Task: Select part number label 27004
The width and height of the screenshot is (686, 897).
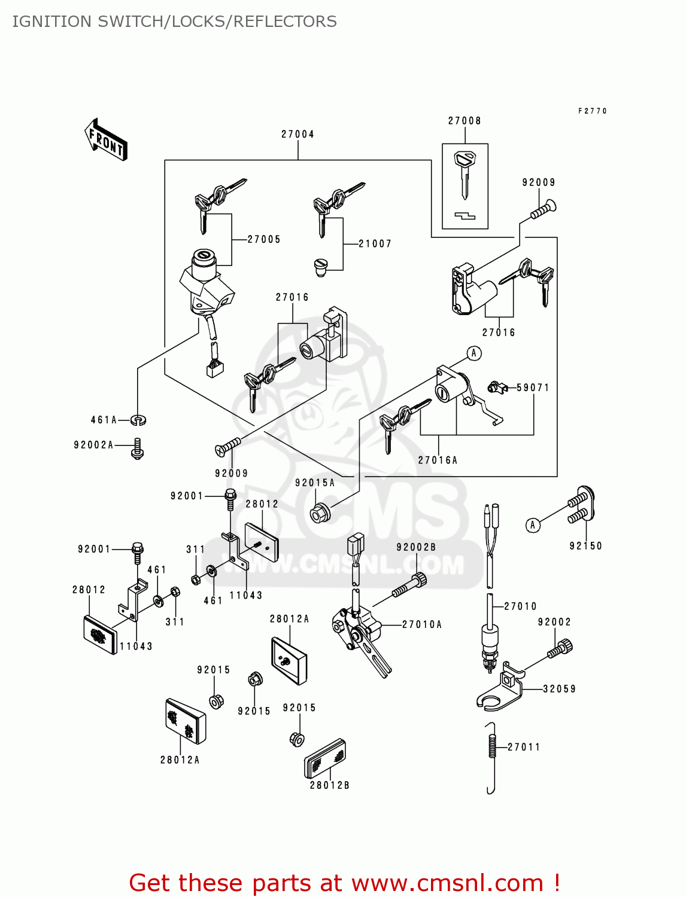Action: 298,135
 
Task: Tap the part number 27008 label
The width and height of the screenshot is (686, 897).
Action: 465,121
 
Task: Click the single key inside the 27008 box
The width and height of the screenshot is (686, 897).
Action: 465,173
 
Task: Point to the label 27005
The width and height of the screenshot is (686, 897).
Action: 264,239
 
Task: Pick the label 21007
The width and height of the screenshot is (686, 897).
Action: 375,244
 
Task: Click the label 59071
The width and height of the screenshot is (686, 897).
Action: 533,388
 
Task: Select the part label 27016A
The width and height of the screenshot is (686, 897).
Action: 438,460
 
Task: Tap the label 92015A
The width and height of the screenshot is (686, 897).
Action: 315,483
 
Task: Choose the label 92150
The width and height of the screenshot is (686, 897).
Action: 585,546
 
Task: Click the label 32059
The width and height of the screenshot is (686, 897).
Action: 559,689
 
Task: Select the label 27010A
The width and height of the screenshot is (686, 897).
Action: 422,624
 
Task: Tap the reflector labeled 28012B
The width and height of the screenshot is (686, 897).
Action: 325,759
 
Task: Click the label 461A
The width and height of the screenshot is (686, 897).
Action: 104,420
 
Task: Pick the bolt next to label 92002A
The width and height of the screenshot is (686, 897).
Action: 138,448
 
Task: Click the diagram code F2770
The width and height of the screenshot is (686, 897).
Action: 592,111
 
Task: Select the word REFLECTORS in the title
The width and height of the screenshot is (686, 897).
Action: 285,22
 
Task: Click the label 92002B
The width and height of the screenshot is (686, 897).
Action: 416,547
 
